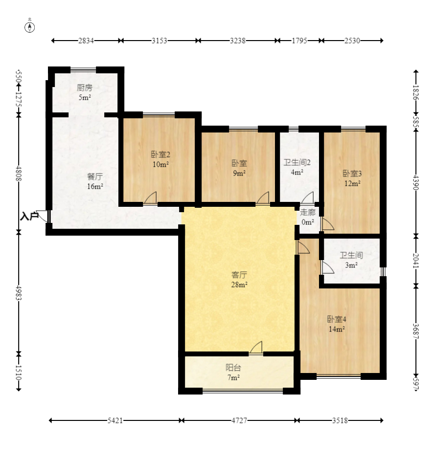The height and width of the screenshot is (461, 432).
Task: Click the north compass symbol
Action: [29, 27]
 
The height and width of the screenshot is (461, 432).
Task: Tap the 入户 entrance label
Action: [29, 217]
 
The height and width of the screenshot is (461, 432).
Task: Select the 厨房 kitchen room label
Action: [85, 88]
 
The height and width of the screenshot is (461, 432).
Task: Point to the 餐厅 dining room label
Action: [95, 176]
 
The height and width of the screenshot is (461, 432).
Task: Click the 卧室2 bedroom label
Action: [160, 154]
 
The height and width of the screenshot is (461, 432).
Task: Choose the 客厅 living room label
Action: [239, 275]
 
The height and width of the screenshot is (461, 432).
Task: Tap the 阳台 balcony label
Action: [233, 368]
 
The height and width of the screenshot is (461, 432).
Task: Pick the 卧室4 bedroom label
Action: [337, 319]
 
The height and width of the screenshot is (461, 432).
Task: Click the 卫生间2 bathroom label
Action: [297, 162]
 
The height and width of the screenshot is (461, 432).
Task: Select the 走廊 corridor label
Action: [308, 212]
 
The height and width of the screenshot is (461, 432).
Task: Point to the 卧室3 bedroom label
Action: [352, 174]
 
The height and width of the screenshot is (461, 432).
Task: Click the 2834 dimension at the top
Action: [86, 41]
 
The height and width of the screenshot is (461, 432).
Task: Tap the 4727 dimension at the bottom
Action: [239, 420]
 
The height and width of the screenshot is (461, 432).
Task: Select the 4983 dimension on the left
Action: [19, 293]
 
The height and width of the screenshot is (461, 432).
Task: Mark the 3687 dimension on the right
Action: [415, 331]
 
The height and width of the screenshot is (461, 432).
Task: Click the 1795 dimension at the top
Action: [299, 41]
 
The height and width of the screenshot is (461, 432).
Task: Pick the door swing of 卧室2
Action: [150, 198]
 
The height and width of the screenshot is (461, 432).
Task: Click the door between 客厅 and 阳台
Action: [256, 348]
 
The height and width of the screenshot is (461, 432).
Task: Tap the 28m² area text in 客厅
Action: [239, 285]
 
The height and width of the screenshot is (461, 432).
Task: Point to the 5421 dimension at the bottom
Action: [115, 420]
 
